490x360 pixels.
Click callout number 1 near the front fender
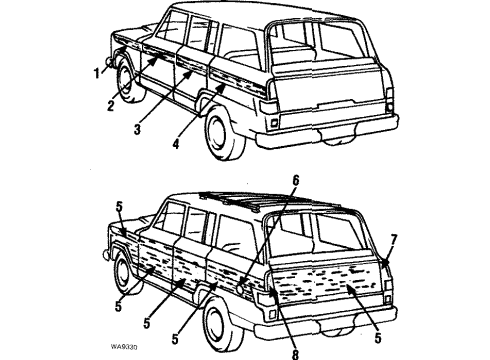coord(98,72)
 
